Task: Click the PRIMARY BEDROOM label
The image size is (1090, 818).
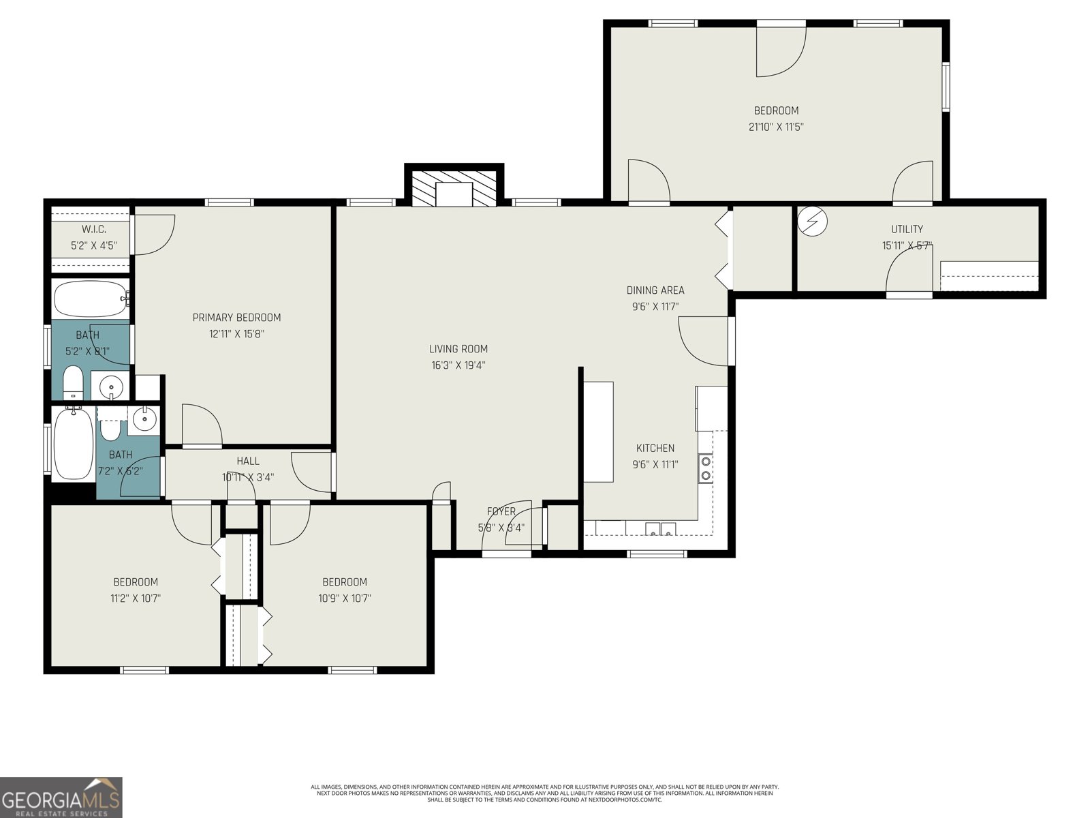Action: (x=236, y=318)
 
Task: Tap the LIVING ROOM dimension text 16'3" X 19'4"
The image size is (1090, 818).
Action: (x=458, y=365)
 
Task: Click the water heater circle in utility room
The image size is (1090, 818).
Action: (x=812, y=221)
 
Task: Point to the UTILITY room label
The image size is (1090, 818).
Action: (x=907, y=229)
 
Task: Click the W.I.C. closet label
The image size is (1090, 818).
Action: (x=93, y=229)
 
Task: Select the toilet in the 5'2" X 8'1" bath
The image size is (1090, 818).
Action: (x=73, y=384)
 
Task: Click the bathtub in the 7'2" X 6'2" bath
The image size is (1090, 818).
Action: (x=73, y=444)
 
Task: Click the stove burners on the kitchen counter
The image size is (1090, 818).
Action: (x=706, y=468)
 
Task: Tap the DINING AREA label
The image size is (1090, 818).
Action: (x=655, y=290)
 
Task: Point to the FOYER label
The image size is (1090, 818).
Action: (x=501, y=511)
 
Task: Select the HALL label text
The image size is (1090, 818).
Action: (x=248, y=461)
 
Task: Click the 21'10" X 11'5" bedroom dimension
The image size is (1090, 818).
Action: (x=776, y=127)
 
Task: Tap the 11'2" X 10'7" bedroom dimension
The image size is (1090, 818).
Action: (x=136, y=599)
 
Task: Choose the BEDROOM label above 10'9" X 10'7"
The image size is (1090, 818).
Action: (x=345, y=582)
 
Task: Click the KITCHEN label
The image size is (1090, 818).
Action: (x=655, y=448)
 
